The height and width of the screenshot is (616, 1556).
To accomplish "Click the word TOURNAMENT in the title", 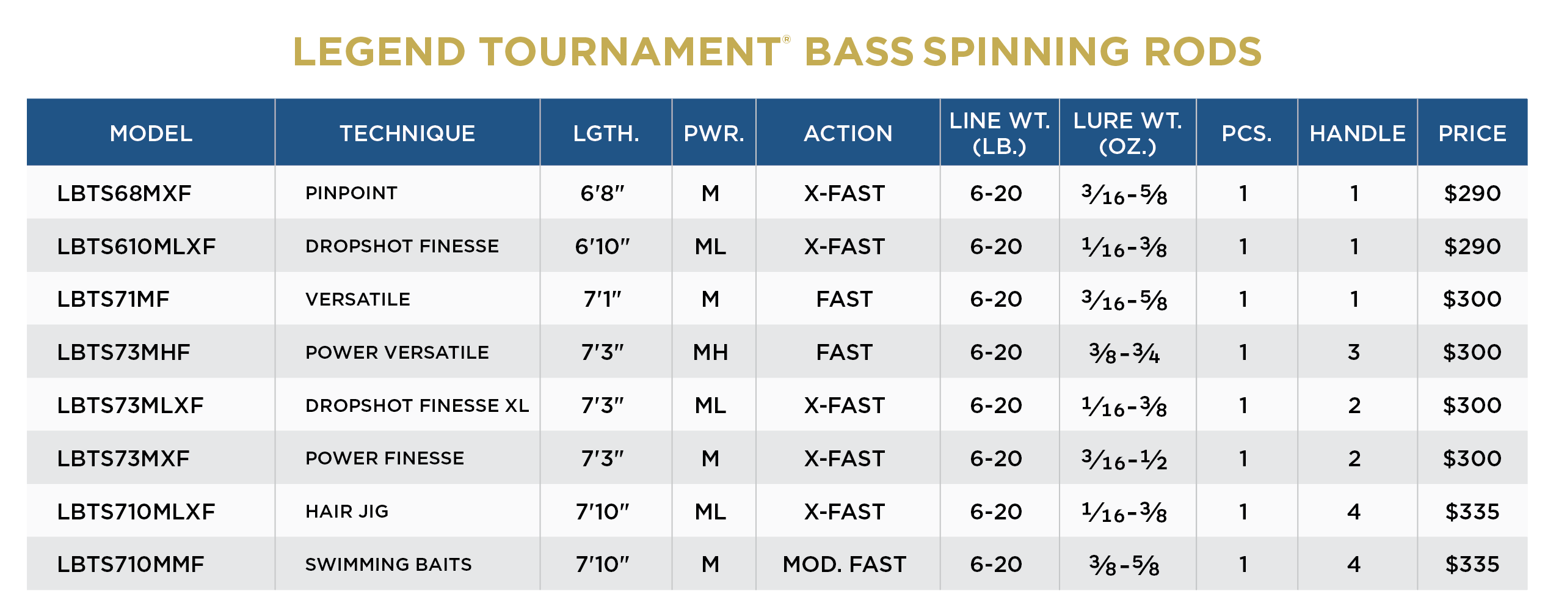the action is coord(630,51).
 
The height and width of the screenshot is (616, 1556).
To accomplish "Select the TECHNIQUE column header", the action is coord(407,133).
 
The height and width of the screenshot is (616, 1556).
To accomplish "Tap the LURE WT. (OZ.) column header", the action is coord(1127,133).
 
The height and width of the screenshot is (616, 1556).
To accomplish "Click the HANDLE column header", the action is coord(1358,133).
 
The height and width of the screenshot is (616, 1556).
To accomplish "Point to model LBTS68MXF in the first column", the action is coord(124,193).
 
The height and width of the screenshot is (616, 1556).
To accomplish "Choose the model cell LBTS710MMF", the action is coord(131,564).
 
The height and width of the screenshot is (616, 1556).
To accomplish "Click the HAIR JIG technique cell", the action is coord(347,511).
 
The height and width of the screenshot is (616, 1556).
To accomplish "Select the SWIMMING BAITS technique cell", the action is coord(388,564).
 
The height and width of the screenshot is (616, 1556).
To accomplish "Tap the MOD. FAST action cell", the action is coord(845,564).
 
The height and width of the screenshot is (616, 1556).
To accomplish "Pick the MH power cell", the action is coord(710,352).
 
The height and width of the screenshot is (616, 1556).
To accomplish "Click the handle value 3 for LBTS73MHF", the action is coord(1354,352).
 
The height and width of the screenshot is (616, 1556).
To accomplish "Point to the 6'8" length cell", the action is coord(602,193).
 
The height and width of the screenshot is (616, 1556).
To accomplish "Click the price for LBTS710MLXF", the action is coord(1472,512).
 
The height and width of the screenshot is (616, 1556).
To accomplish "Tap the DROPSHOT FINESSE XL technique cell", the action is coord(417,405).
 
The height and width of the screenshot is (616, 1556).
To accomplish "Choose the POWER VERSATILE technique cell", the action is coord(397,352).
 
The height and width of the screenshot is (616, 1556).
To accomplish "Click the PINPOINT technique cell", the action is coord(351,193).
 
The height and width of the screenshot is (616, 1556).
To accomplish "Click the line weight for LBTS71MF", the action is coord(996,299).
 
